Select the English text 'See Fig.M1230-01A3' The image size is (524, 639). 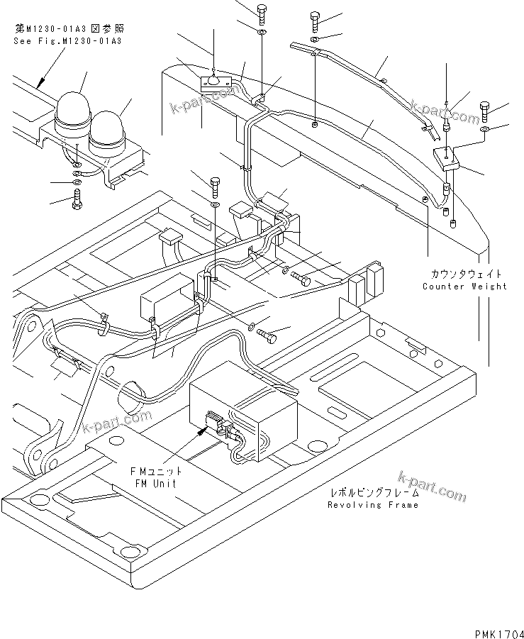tap(67, 41)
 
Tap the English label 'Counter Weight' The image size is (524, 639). tap(464, 287)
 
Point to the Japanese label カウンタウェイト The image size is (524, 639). tap(464, 274)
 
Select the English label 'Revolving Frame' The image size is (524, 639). tap(372, 505)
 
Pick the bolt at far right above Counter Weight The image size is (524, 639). tap(485, 110)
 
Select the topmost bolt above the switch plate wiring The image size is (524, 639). tap(262, 11)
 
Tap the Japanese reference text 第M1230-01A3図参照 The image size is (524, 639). tap(67, 29)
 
